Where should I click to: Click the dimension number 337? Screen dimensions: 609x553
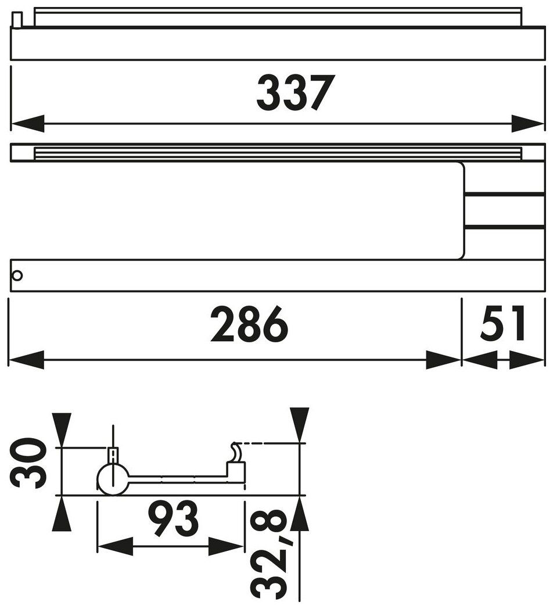[296, 92]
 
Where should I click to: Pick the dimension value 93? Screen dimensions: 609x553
[173, 519]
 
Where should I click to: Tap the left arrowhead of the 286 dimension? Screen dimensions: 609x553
[26, 360]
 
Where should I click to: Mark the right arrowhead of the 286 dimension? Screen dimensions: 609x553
[444, 360]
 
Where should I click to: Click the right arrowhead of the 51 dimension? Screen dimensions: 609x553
[527, 360]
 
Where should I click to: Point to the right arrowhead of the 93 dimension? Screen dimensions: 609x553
[226, 546]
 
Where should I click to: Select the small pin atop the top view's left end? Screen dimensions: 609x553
[18, 20]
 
